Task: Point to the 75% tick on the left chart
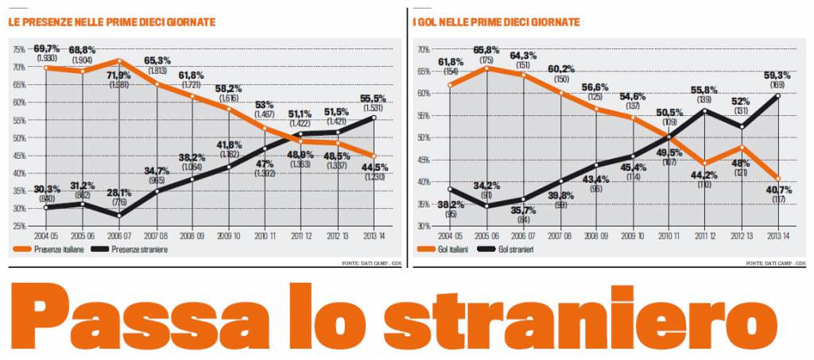pos(18,49)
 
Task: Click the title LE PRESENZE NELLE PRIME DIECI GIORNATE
pos(112,22)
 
